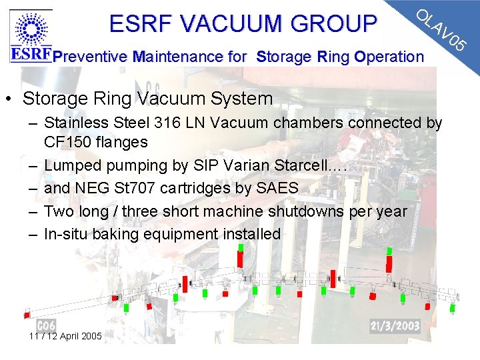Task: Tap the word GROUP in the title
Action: tap(339, 24)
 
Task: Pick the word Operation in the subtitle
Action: tap(389, 57)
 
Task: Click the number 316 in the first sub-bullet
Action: tap(199, 123)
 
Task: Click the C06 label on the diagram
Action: tap(46, 325)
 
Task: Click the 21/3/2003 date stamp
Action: tap(395, 325)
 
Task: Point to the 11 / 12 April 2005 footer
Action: tap(65, 336)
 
